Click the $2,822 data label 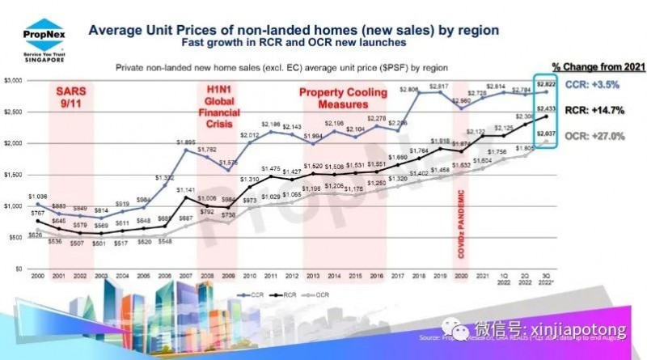click(547, 84)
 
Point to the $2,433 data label click(548, 108)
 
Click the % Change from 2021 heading click(589, 65)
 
